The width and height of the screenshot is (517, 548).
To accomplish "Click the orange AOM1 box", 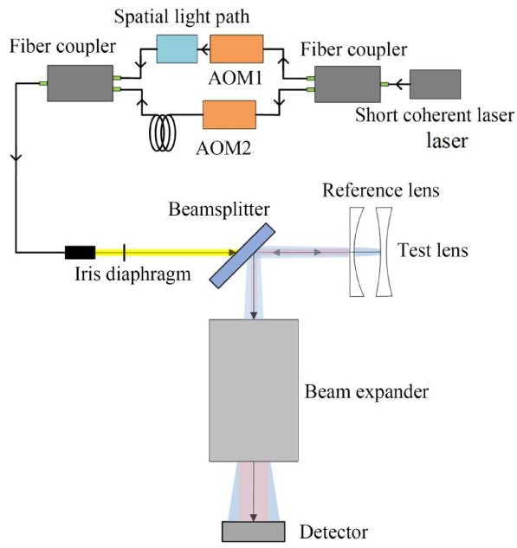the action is (x=236, y=49).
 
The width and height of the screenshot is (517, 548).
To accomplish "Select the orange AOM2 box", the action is (x=229, y=114).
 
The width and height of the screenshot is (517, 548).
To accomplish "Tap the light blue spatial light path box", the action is (x=177, y=49).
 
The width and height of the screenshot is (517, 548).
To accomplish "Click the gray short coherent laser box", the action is (x=435, y=84).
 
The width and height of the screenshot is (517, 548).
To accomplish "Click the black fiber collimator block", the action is (x=80, y=252).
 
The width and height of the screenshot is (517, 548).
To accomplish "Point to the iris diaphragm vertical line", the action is (x=124, y=252).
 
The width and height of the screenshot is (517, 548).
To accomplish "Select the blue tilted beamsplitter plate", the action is (x=242, y=255).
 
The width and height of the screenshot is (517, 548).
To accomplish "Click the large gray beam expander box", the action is (x=254, y=390).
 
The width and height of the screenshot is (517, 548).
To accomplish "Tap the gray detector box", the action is (x=254, y=532).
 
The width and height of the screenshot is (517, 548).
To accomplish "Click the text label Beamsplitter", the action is (x=219, y=210).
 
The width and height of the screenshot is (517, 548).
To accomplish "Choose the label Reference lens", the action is (x=381, y=190).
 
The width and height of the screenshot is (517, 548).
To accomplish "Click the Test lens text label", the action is (x=433, y=250).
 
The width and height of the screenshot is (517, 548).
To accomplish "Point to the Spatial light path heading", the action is (x=182, y=16).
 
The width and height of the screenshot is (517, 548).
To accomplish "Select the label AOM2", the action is (x=223, y=148).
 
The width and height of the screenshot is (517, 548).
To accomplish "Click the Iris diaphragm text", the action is (x=132, y=274).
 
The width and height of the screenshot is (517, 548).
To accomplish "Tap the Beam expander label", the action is (x=366, y=392).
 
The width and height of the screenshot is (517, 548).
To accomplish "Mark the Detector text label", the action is (x=333, y=532).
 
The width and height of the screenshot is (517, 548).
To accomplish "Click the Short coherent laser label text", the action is (x=435, y=115).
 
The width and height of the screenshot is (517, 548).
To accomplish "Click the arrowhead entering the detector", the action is (x=254, y=517).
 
